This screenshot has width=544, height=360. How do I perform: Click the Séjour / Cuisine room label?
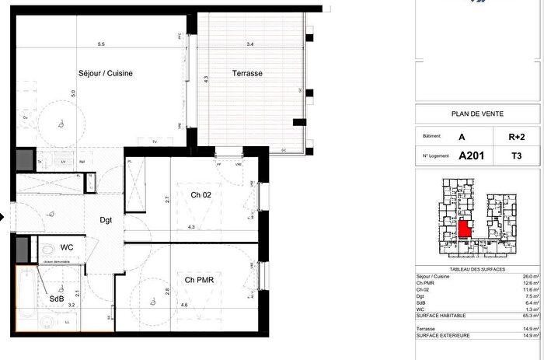click(x=106, y=73)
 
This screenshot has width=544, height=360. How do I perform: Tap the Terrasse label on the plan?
click(x=248, y=73)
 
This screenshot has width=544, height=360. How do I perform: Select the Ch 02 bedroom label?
click(x=190, y=195)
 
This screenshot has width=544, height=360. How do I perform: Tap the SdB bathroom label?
click(x=57, y=299)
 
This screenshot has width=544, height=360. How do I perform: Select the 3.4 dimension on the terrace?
click(x=250, y=44)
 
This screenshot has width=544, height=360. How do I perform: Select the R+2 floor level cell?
click(x=516, y=137)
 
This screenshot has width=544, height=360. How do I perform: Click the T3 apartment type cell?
click(x=516, y=155)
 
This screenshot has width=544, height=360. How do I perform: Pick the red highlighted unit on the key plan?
click(x=465, y=229)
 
